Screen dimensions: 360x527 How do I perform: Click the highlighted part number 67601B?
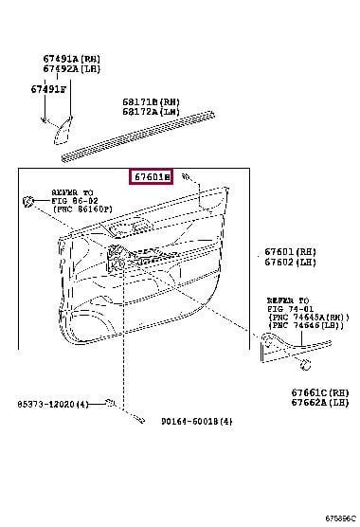[152, 177]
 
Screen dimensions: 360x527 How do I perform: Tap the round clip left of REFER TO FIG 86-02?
[29, 200]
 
